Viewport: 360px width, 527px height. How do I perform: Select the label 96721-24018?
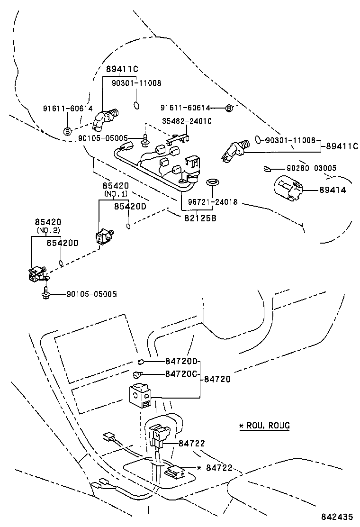pyautogui.click(x=212, y=202)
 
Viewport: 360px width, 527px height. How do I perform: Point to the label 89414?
pyautogui.click(x=332, y=190)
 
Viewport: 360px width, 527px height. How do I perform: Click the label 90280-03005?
pyautogui.click(x=311, y=168)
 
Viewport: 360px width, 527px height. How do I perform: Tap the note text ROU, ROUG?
pyautogui.click(x=268, y=425)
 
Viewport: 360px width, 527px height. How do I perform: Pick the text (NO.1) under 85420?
pyautogui.click(x=116, y=194)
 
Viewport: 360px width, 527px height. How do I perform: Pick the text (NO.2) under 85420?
pyautogui.click(x=47, y=231)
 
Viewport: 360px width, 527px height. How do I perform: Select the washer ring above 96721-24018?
pyautogui.click(x=212, y=182)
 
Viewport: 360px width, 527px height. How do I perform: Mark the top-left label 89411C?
pyautogui.click(x=122, y=69)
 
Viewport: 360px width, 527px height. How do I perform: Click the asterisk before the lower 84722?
pyautogui.click(x=199, y=468)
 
